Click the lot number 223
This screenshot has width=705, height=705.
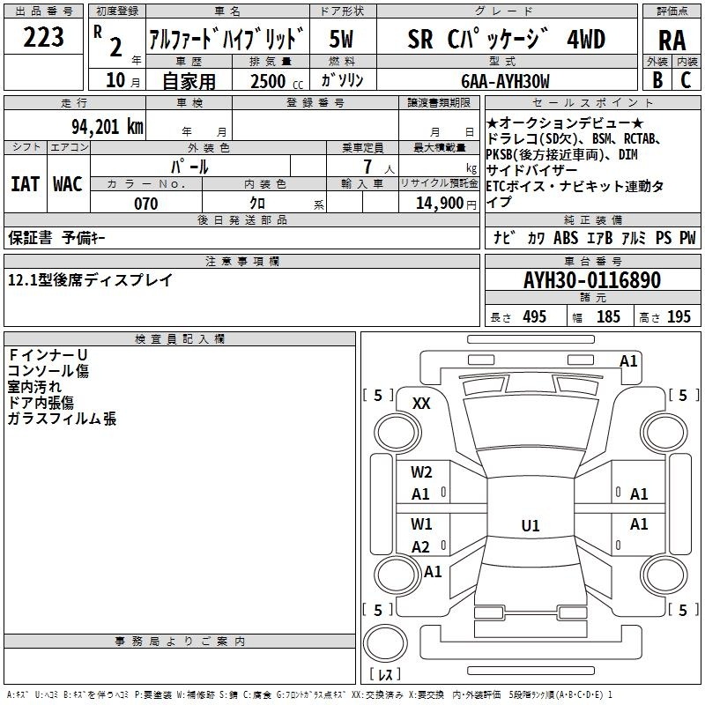tap(43, 38)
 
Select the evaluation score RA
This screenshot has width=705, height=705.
tap(672, 41)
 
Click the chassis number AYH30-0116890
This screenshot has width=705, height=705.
tap(591, 280)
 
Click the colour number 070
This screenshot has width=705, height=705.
tap(145, 204)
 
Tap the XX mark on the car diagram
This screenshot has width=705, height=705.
tap(421, 404)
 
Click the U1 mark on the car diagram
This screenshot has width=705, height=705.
tap(530, 526)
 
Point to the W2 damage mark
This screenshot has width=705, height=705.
tap(421, 472)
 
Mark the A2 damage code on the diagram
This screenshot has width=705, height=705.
tap(421, 546)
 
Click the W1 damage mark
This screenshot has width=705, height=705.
tap(421, 524)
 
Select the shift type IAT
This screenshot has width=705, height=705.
tap(25, 184)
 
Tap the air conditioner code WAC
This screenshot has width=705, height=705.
tap(67, 184)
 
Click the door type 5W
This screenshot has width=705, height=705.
tap(341, 40)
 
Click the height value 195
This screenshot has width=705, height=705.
tap(679, 317)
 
